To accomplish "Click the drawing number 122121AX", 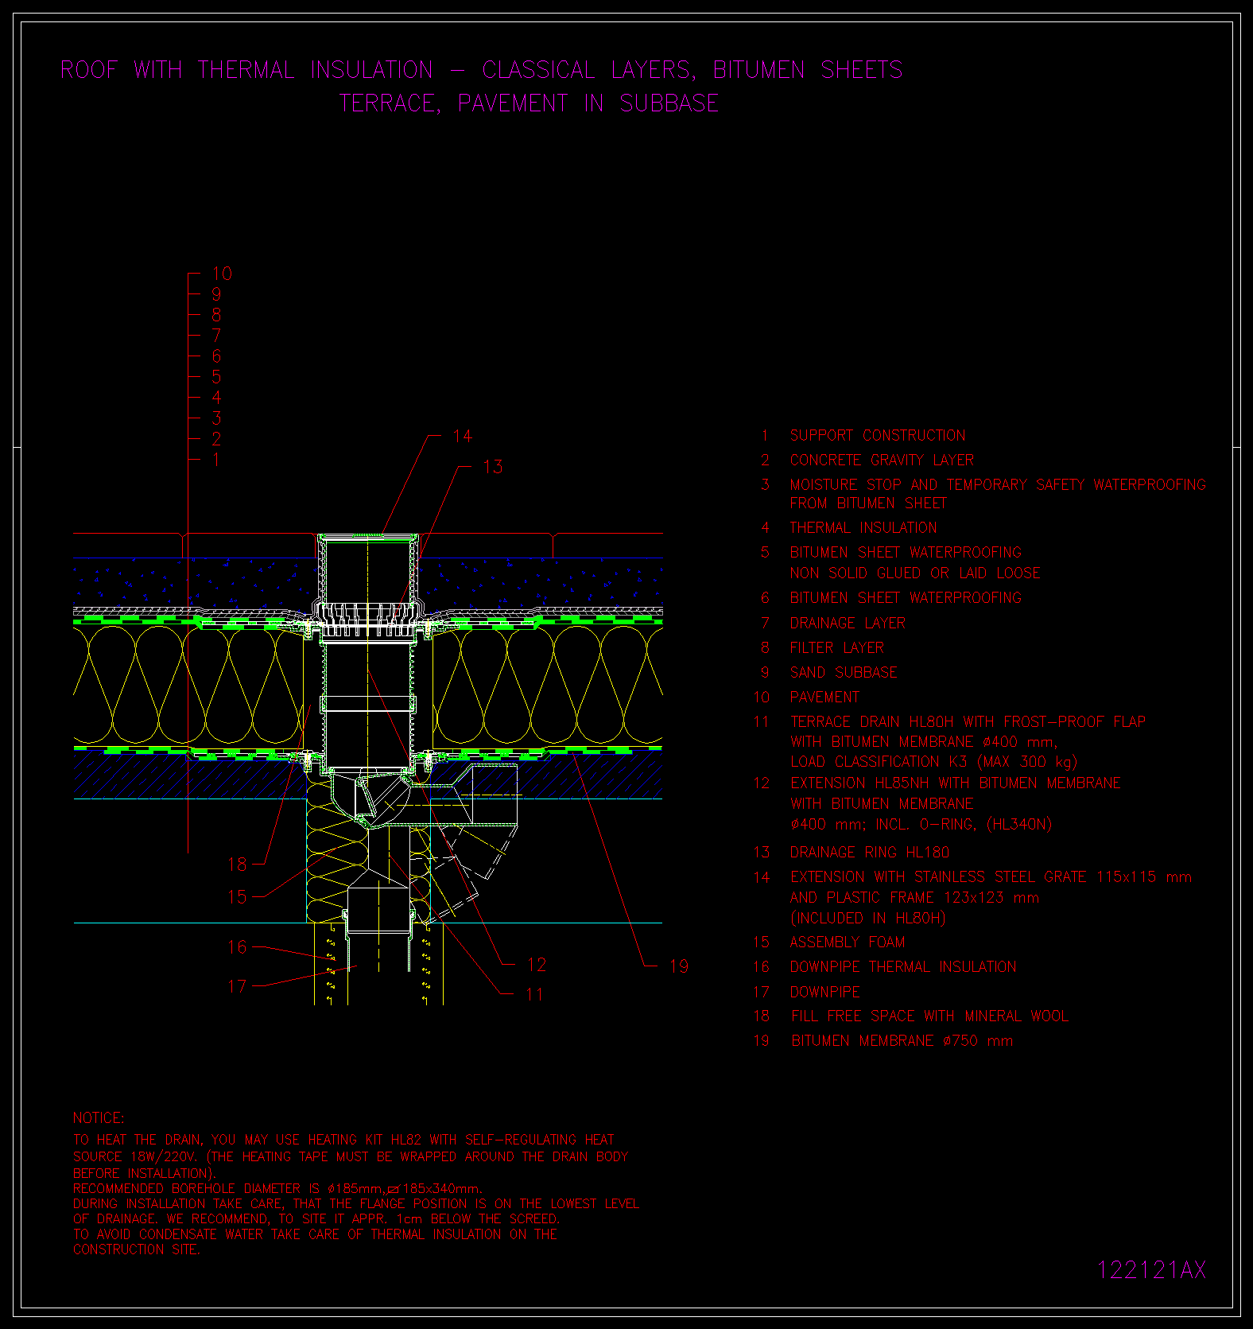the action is click(1151, 1269).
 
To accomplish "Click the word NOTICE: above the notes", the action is click(99, 1117).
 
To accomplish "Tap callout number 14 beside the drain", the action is click(462, 436).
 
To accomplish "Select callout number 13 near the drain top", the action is click(493, 467).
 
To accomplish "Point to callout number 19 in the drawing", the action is click(679, 966).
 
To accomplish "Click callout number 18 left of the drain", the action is click(238, 864).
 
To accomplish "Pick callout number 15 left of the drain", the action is click(238, 896).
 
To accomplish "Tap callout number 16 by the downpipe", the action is click(238, 946).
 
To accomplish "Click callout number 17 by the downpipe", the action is click(238, 986).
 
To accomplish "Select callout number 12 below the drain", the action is click(537, 965).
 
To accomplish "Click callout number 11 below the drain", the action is click(534, 994).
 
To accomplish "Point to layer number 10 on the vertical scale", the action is click(222, 274).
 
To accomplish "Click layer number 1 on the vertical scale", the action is click(216, 460).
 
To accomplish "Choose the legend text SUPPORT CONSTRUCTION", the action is click(878, 435).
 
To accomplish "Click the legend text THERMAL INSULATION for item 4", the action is click(863, 527).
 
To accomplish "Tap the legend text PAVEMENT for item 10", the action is click(824, 697).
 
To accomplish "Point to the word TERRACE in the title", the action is click(390, 103).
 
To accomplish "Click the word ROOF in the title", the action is click(89, 70).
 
